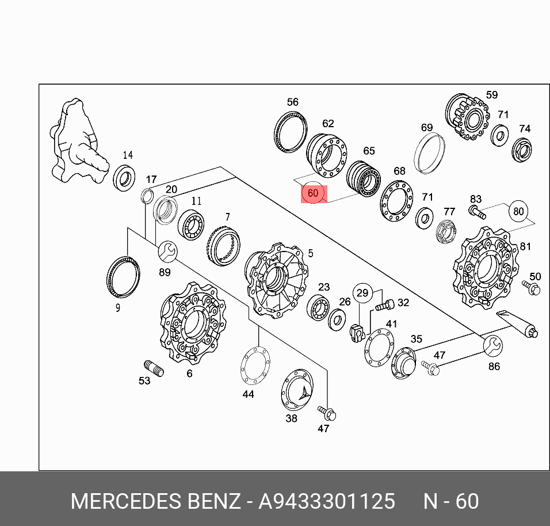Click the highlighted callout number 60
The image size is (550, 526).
[314, 193]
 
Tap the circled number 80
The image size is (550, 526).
[518, 211]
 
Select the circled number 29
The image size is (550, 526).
[362, 294]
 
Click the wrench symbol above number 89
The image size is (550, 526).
[167, 251]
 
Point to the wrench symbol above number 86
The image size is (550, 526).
[492, 345]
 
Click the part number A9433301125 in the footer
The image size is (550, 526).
[327, 501]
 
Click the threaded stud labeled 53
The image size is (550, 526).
[154, 367]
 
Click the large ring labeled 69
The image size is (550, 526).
[430, 151]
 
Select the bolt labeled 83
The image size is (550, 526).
[477, 211]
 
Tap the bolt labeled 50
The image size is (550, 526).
[531, 287]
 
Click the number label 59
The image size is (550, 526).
[491, 95]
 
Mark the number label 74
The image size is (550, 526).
[524, 128]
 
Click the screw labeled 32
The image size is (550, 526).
[385, 305]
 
